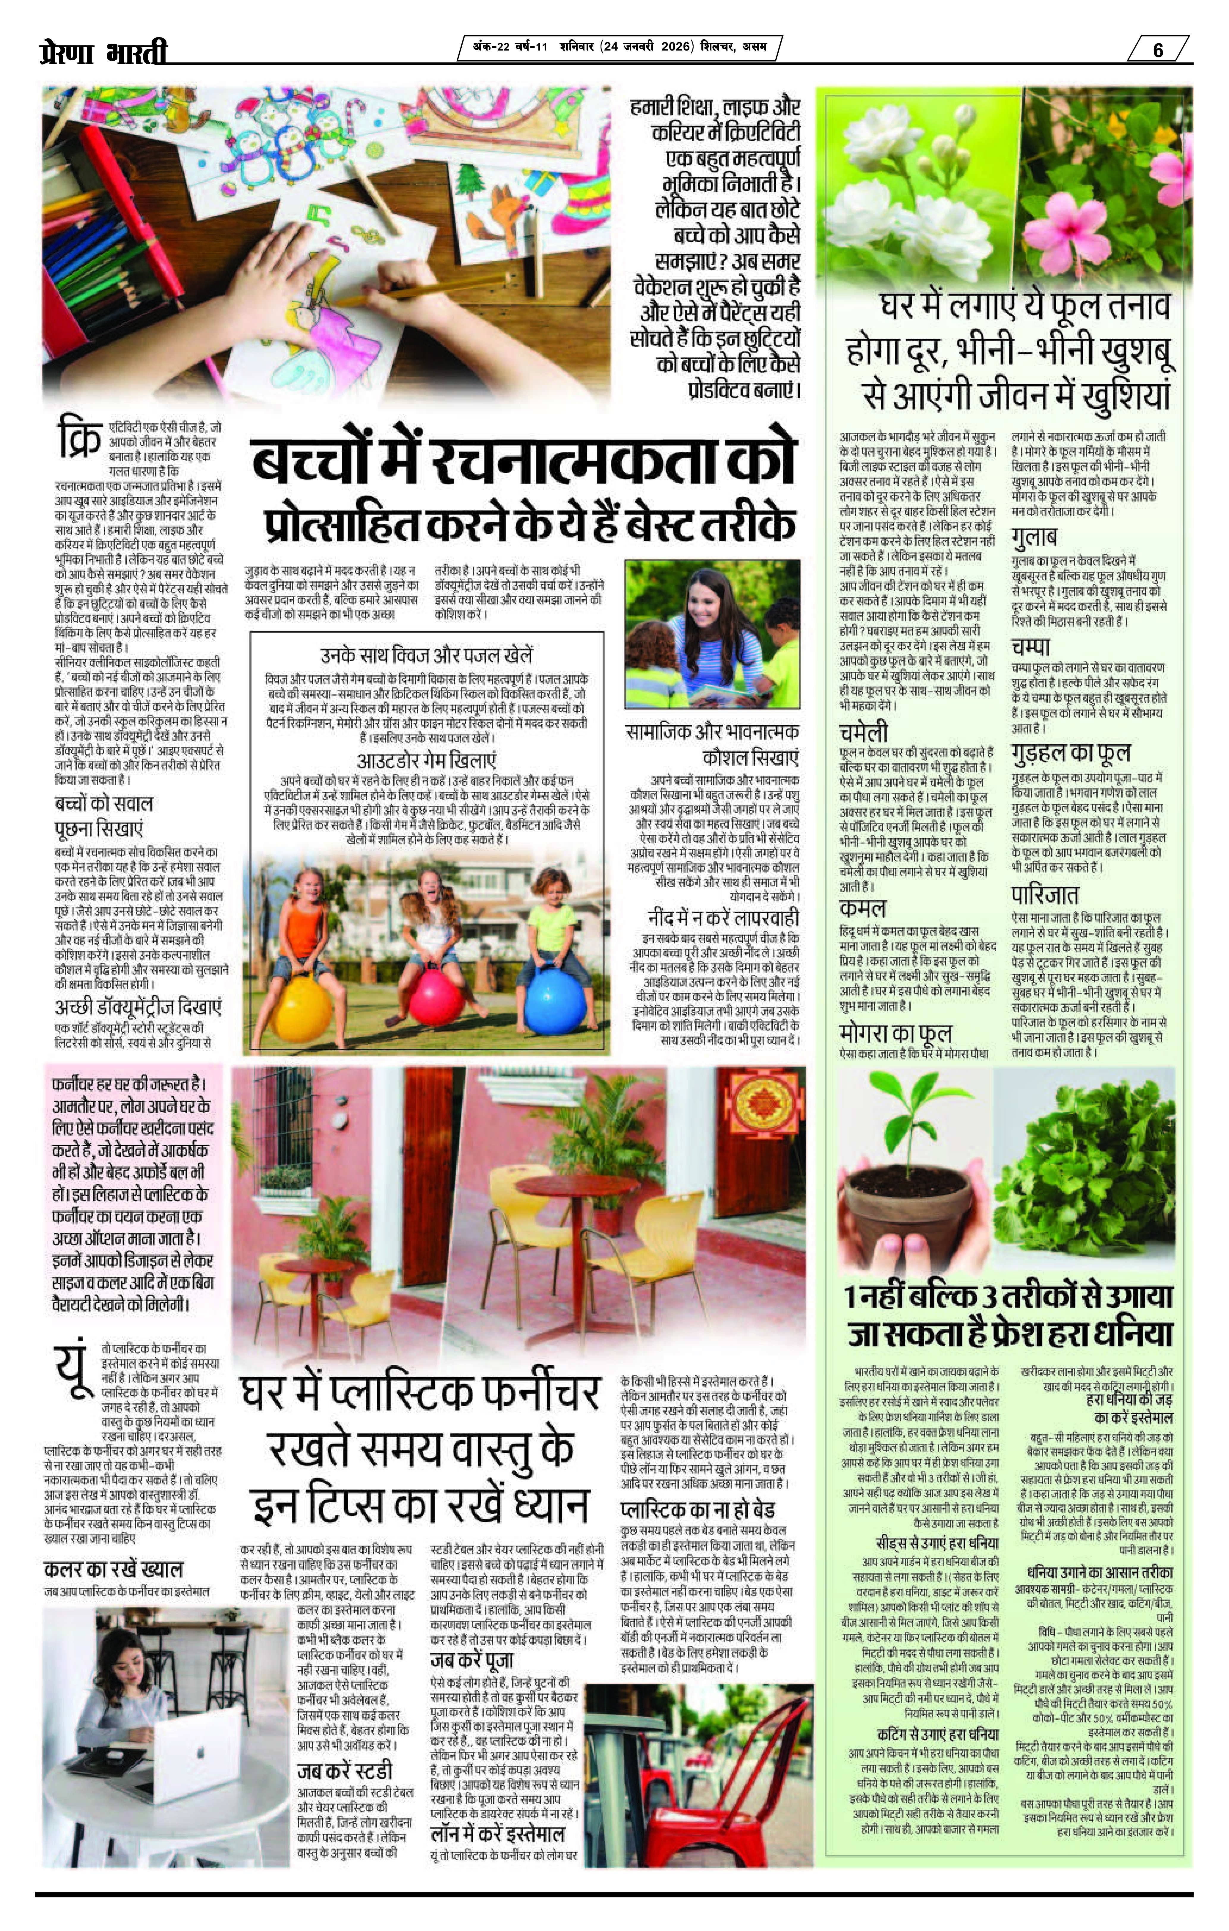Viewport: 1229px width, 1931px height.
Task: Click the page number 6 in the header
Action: (x=1158, y=50)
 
